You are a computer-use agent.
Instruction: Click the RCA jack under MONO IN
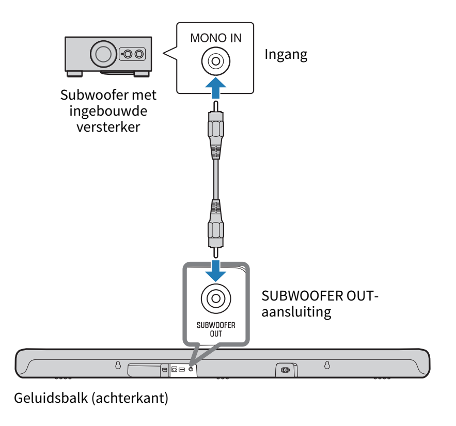216,62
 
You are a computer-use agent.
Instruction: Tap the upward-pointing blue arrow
215,88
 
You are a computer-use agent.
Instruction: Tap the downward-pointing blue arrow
215,270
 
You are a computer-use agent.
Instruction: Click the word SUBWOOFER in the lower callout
216,325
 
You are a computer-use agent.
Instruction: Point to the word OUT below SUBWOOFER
216,334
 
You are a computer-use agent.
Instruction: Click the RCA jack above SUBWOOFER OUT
216,298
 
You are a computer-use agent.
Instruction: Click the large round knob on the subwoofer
103,54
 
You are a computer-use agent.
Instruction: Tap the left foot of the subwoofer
75,73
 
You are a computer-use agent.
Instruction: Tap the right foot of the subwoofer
141,73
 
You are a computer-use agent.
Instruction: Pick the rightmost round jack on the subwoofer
139,54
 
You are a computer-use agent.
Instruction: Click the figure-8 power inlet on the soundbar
285,370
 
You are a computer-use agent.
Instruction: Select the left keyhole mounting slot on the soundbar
118,365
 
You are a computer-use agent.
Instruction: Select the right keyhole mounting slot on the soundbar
326,365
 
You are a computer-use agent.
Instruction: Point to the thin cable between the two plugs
215,178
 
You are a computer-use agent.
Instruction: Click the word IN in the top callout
235,38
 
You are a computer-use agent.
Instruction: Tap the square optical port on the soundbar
175,370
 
